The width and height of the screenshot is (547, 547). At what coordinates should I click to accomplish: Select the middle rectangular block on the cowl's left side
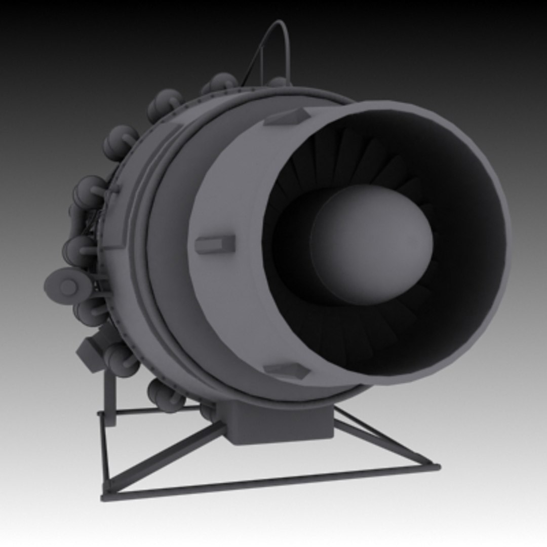coord(215,245)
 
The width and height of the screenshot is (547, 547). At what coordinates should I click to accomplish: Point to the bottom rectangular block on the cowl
coord(287,370)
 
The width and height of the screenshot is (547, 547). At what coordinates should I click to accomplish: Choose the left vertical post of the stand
coord(105,451)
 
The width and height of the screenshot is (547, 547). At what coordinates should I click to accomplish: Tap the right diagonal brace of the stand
coord(385,438)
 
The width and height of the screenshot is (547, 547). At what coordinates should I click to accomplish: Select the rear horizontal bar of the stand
coord(152,410)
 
